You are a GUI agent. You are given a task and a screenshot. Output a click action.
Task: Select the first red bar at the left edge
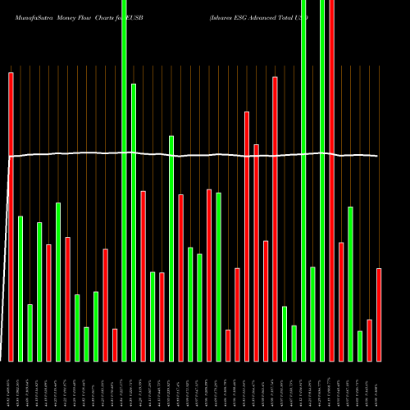pyautogui.click(x=11, y=216)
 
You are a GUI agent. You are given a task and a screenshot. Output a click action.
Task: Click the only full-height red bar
pyautogui.click(x=332, y=180)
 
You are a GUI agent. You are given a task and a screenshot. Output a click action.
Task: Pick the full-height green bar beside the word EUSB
pyautogui.click(x=124, y=180)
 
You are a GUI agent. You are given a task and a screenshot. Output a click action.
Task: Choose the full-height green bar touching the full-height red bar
pyautogui.click(x=322, y=180)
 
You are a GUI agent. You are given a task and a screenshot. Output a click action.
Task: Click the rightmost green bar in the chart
pyautogui.click(x=360, y=345)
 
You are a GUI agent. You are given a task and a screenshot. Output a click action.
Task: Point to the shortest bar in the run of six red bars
pyautogui.click(x=228, y=344)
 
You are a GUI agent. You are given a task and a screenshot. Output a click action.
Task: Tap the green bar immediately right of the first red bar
pyautogui.click(x=20, y=288)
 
